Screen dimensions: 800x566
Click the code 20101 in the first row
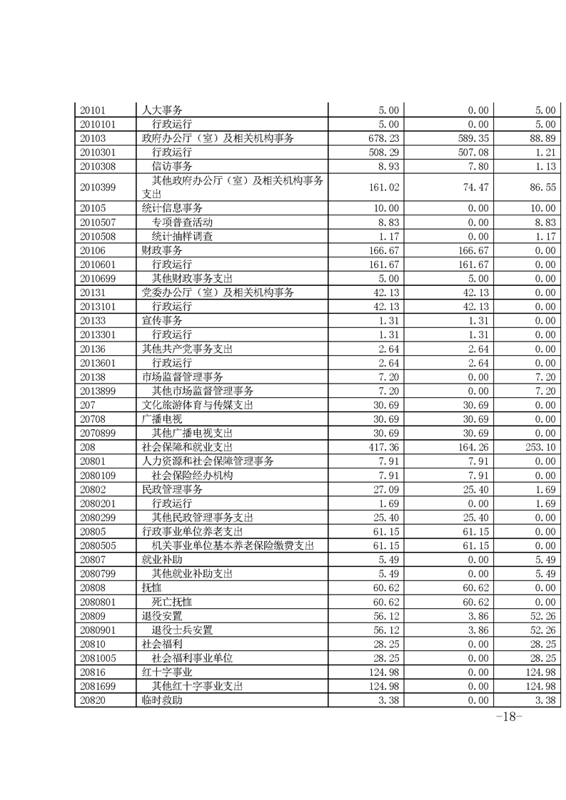coord(93,110)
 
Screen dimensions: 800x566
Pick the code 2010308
coord(98,165)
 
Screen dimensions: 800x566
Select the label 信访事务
coord(173,165)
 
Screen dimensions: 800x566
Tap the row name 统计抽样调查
coord(182,236)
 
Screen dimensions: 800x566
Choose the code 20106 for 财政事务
coord(93,250)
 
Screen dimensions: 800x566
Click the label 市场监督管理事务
coord(183,376)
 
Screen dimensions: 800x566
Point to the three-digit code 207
coord(88,404)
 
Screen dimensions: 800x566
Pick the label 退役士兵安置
coord(182,630)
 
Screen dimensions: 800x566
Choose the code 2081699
coord(98,686)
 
